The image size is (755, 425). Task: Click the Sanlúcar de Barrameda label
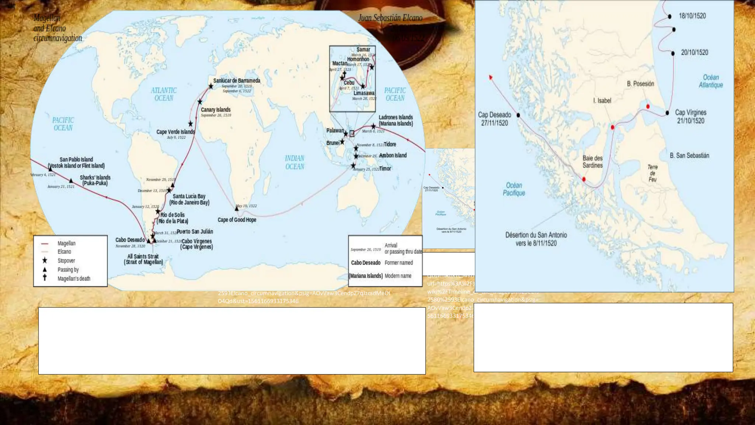(237, 80)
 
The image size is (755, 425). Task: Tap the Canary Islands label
(216, 110)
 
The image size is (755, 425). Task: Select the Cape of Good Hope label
(237, 220)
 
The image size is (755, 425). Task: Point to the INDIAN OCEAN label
(295, 162)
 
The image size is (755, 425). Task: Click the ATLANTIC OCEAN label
(164, 94)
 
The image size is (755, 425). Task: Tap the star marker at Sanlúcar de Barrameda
(211, 86)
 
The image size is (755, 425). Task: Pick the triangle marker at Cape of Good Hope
(237, 209)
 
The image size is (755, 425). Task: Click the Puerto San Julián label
(195, 232)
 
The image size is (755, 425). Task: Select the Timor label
(385, 169)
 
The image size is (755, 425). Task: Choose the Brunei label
(333, 143)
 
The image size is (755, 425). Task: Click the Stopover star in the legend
(45, 260)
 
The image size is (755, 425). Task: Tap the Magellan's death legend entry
(73, 279)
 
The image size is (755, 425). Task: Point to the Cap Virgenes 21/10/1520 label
(690, 117)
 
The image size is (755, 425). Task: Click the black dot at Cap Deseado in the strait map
(518, 115)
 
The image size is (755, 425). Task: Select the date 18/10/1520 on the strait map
(692, 16)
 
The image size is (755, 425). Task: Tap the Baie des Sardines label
(592, 162)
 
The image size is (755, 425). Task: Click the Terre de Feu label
(653, 173)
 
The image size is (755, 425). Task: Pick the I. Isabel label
(602, 100)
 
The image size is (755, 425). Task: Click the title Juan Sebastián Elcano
(390, 18)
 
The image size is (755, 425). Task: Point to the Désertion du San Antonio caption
(536, 239)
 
